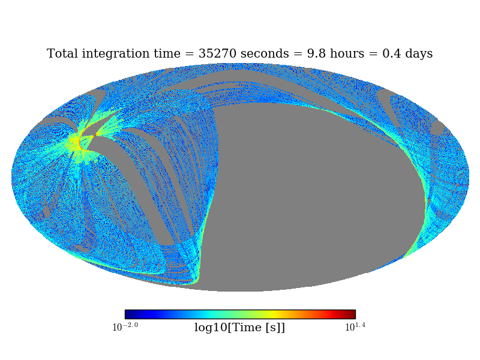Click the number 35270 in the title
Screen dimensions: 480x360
point(217,53)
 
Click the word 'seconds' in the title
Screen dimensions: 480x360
point(265,53)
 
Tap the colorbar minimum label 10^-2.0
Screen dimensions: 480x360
point(125,327)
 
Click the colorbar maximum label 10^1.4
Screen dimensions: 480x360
point(355,327)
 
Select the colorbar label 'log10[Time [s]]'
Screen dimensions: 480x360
point(239,328)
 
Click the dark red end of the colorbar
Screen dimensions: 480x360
point(352,314)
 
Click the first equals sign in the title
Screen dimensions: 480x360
point(190,54)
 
